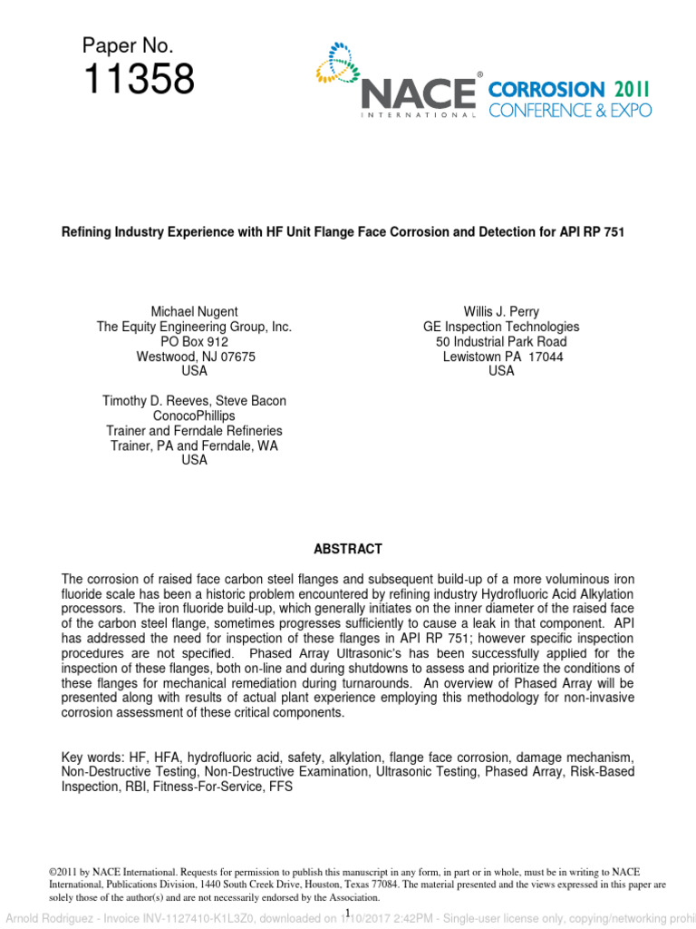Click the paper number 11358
click(x=139, y=81)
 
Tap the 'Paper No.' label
click(x=127, y=45)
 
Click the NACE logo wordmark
click(x=419, y=93)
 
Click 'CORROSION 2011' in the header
click(x=568, y=90)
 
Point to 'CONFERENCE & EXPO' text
click(x=569, y=110)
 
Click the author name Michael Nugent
click(x=194, y=312)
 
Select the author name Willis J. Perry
click(x=501, y=312)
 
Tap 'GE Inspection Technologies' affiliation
click(x=501, y=327)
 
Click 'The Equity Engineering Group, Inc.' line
click(x=194, y=327)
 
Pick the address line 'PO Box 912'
click(x=194, y=342)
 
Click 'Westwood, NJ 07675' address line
click(x=194, y=357)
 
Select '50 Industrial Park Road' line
click(x=501, y=342)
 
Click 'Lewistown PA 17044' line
click(x=501, y=357)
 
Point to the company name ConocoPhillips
click(x=194, y=416)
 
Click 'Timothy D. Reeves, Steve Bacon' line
click(x=194, y=401)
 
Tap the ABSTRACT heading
click(x=348, y=549)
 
